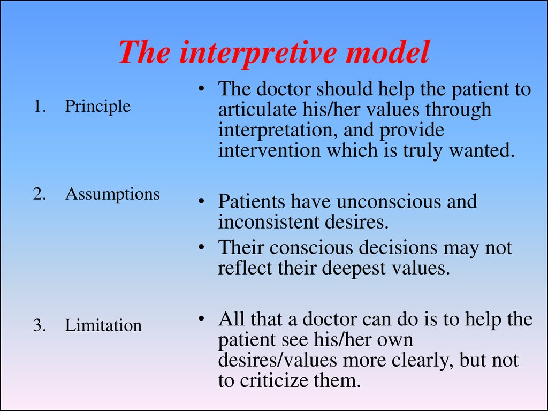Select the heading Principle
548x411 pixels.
click(x=97, y=106)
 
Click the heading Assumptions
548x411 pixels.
click(x=112, y=194)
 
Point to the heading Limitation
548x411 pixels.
click(x=103, y=325)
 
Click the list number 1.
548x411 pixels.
click(x=39, y=106)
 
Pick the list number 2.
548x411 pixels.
click(x=39, y=194)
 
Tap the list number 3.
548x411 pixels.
click(x=39, y=325)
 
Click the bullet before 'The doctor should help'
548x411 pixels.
click(x=201, y=89)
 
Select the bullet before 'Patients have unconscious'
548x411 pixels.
click(x=201, y=201)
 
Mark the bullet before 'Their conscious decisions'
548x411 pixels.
click(x=201, y=247)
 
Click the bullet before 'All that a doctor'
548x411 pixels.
click(x=201, y=319)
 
